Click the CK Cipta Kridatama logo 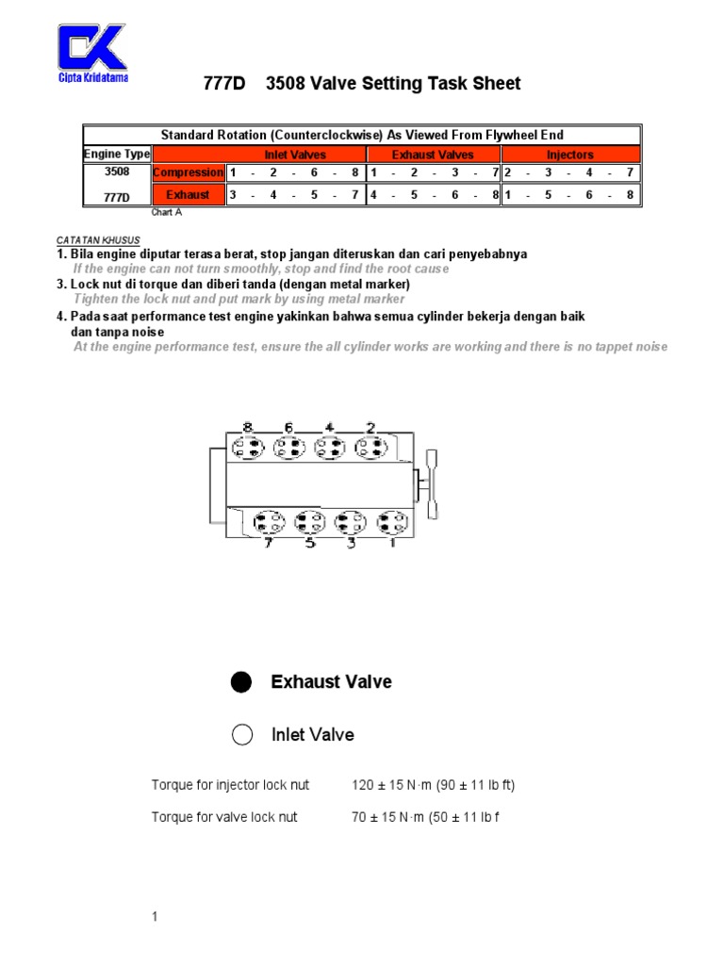(92, 54)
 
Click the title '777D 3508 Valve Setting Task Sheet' (362, 84)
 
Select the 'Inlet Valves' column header (295, 155)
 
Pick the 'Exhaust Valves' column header (433, 155)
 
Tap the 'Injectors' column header (570, 155)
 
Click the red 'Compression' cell (189, 172)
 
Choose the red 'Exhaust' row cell (189, 195)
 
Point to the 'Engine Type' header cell (117, 155)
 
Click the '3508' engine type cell (117, 172)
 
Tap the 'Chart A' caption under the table (166, 213)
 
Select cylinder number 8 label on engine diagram (248, 428)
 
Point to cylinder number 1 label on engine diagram (392, 544)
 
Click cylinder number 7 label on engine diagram (269, 544)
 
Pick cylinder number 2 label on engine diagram (371, 428)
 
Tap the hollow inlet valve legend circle (242, 735)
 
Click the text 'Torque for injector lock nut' (230, 785)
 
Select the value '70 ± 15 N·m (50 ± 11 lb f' (424, 817)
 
